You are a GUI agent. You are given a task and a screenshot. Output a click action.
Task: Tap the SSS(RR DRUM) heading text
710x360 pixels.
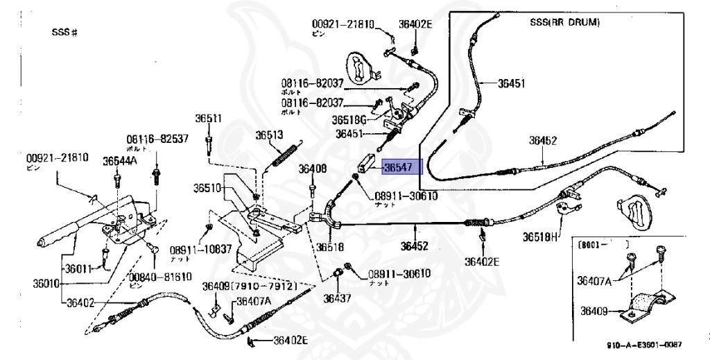pos(560,22)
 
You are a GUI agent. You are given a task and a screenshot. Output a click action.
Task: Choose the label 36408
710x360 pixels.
pos(313,168)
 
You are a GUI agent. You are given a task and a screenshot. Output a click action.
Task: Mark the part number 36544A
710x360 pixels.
pos(120,161)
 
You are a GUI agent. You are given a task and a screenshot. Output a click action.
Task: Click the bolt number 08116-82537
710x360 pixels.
pos(157,139)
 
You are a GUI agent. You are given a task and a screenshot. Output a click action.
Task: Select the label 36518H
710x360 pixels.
pos(540,237)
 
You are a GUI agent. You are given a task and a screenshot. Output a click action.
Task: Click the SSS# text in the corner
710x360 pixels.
pos(63,33)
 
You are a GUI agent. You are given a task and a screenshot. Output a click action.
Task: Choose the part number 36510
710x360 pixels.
pos(207,187)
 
